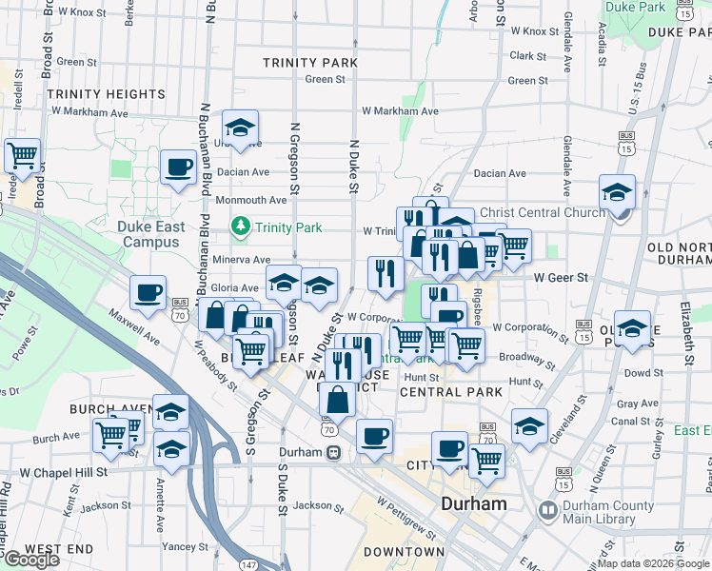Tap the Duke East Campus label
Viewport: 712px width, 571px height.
148,234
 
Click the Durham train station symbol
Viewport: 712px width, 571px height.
334,453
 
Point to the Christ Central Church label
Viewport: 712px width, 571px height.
543,212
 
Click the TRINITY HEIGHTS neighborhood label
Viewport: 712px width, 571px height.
106,94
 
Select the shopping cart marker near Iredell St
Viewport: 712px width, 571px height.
23,155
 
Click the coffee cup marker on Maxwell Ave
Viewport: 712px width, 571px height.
148,292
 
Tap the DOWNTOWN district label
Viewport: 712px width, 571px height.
405,552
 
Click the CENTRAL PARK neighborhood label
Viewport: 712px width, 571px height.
451,392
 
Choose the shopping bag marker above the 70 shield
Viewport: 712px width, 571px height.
337,400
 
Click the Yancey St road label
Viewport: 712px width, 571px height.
185,547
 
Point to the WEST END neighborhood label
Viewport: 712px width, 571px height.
59,550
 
